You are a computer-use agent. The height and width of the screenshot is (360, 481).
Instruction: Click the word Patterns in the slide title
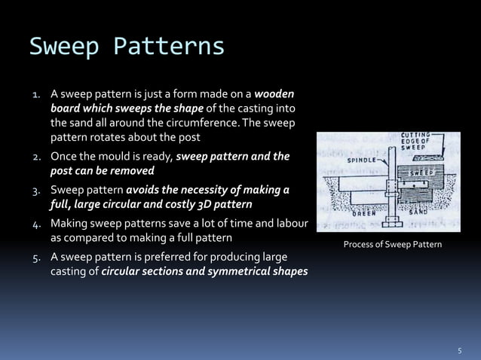click(169, 46)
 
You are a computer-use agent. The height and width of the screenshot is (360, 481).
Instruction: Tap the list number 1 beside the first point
click(35, 96)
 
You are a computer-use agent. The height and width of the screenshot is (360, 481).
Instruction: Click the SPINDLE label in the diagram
click(362, 160)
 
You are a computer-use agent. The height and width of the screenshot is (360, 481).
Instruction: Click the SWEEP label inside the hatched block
click(421, 172)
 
